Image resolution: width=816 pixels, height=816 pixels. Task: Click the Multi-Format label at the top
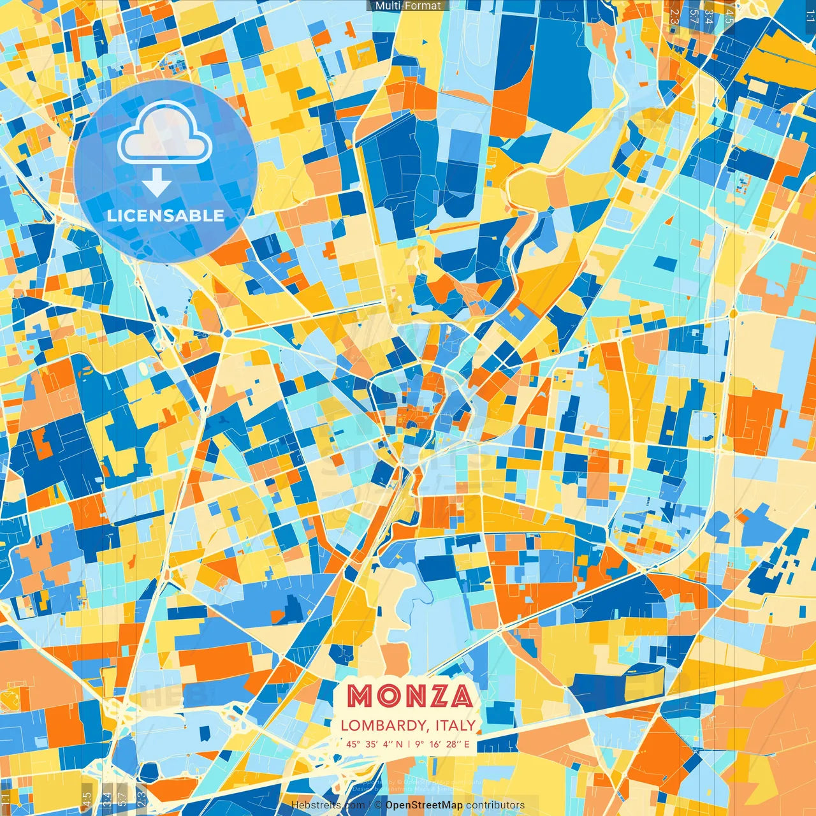click(x=408, y=6)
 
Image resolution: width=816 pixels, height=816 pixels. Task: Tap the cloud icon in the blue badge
click(x=165, y=134)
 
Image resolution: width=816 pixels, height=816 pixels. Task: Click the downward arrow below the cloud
click(x=157, y=183)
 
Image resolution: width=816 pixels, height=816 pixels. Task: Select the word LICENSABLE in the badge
click(x=166, y=215)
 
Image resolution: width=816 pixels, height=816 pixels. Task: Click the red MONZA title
click(x=410, y=696)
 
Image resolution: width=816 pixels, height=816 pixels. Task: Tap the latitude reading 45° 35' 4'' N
click(x=375, y=744)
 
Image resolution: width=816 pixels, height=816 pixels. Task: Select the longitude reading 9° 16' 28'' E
click(x=442, y=744)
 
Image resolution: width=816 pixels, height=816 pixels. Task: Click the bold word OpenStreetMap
click(x=424, y=805)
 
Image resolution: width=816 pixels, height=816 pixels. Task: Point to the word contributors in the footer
click(x=495, y=805)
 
